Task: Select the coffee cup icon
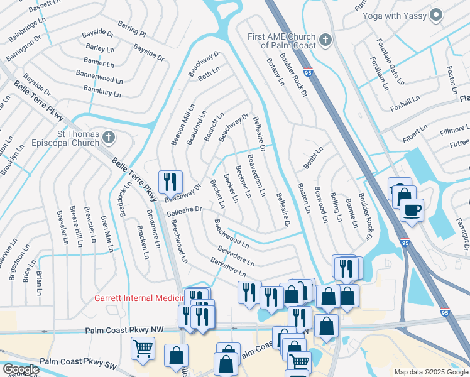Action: [412, 210]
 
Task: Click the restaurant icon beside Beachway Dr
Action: [170, 182]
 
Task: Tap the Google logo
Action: [20, 369]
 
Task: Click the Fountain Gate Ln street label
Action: [388, 62]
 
